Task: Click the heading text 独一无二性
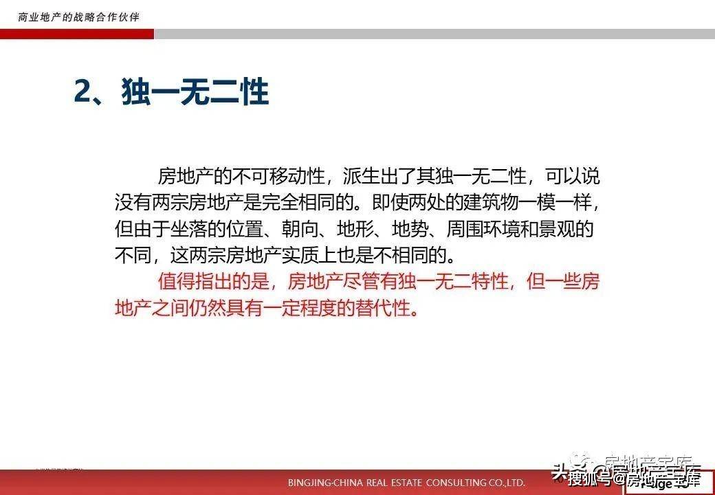point(195,92)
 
